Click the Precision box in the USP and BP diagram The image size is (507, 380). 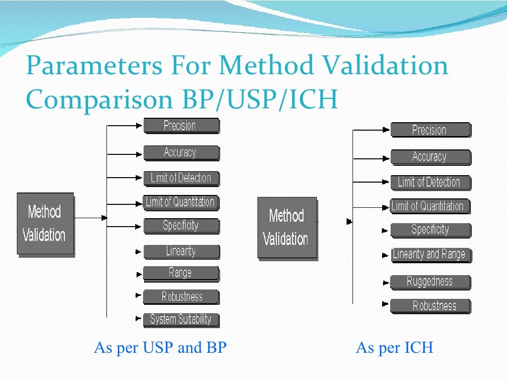tap(181, 126)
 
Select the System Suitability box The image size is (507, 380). tap(181, 320)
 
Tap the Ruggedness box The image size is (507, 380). tap(430, 282)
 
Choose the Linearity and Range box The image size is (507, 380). tap(430, 255)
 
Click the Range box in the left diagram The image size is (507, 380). tap(181, 273)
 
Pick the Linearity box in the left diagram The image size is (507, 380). tap(181, 251)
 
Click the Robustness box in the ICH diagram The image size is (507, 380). tap(430, 306)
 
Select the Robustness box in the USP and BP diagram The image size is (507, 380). tap(181, 297)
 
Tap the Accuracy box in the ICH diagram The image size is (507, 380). tap(430, 157)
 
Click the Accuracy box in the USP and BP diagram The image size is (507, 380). tap(181, 153)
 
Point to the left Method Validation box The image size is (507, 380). tap(45, 224)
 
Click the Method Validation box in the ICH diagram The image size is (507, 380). tap(287, 228)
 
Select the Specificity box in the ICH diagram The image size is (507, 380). tap(430, 230)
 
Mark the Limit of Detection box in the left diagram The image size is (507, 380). tap(181, 178)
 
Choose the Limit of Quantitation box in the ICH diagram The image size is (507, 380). tap(429, 206)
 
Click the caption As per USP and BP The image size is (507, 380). tap(160, 348)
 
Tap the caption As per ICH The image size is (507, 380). tap(394, 348)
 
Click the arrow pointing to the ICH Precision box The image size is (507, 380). tap(386, 130)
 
